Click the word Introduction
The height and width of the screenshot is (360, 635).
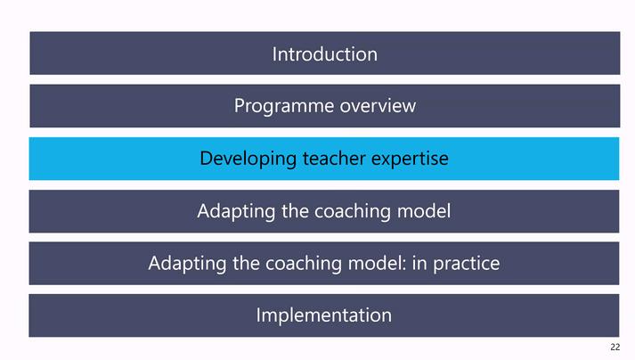pyautogui.click(x=325, y=54)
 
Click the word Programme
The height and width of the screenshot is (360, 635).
pyautogui.click(x=284, y=107)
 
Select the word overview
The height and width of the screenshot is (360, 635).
pyautogui.click(x=378, y=106)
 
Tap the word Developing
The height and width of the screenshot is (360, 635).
pyautogui.click(x=248, y=159)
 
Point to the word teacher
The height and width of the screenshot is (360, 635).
pyautogui.click(x=334, y=158)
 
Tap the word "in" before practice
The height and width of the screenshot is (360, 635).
pyautogui.click(x=419, y=264)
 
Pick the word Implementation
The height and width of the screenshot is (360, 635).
pyautogui.click(x=324, y=316)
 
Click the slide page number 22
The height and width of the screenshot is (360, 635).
pyautogui.click(x=615, y=347)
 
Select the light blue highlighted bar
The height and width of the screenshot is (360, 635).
pyautogui.click(x=324, y=159)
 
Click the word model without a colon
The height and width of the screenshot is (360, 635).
pyautogui.click(x=424, y=211)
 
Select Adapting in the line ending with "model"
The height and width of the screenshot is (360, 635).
pyautogui.click(x=236, y=211)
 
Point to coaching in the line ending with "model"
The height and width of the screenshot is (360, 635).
pyautogui.click(x=353, y=211)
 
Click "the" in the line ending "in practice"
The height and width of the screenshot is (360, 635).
pyautogui.click(x=246, y=264)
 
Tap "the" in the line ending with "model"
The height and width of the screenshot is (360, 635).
pyautogui.click(x=295, y=211)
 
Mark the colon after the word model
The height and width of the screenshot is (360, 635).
pyautogui.click(x=403, y=266)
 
